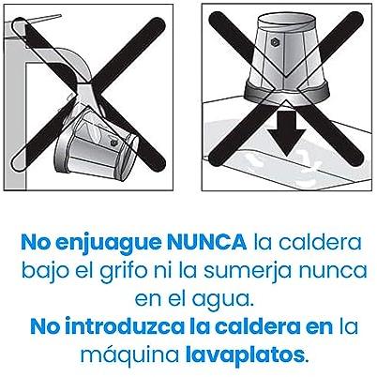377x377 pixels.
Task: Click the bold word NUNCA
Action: tap(206, 242)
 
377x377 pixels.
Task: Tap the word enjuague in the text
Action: tap(108, 244)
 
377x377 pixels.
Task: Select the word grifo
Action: tap(123, 271)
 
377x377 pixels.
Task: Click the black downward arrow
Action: tap(287, 131)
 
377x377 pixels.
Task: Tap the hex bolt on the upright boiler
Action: tap(274, 41)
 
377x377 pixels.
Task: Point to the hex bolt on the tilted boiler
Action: tap(113, 143)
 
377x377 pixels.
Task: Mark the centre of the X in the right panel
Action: tap(285, 88)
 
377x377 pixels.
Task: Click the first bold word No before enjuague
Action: tap(36, 242)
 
